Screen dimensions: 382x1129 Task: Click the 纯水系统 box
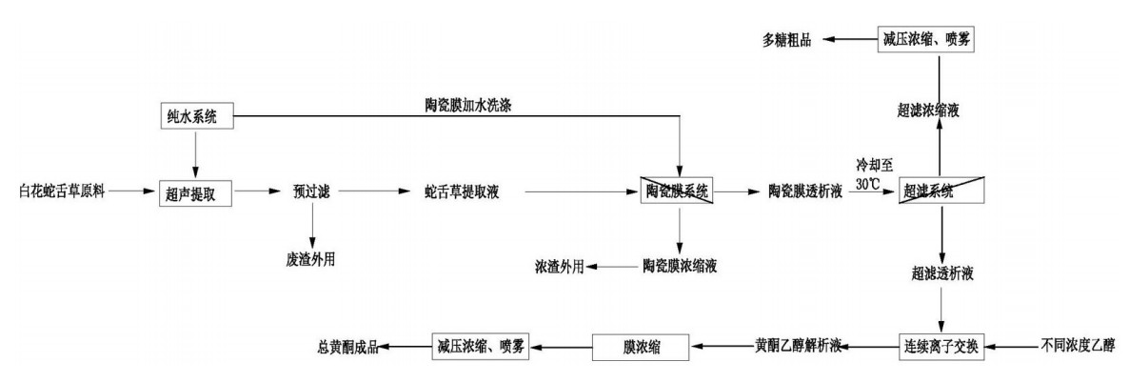(195, 116)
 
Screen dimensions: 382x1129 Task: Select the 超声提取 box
(195, 191)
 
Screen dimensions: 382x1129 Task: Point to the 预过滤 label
(311, 191)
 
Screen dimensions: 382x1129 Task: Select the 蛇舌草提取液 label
(463, 191)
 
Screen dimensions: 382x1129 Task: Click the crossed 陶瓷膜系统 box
(679, 191)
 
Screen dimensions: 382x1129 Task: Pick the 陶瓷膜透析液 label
(804, 191)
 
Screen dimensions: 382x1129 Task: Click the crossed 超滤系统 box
(941, 191)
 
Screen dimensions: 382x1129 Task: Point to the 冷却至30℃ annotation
(870, 174)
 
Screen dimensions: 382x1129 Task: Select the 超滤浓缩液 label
(941, 111)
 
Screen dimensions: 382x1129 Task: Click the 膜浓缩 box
(640, 344)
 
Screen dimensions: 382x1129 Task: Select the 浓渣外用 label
(559, 267)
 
